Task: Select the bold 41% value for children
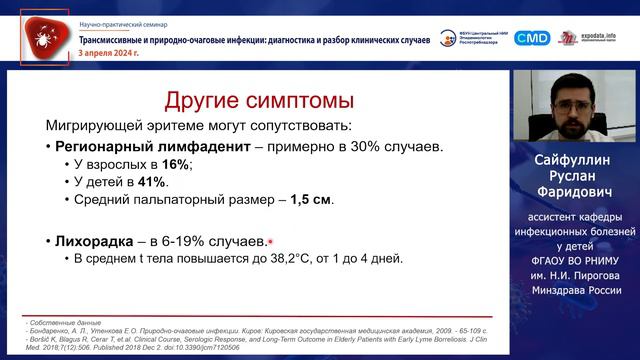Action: [x=154, y=182]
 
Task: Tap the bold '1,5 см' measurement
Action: [x=312, y=199]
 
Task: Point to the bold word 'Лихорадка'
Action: [x=101, y=241]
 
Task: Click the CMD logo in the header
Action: [x=532, y=38]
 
